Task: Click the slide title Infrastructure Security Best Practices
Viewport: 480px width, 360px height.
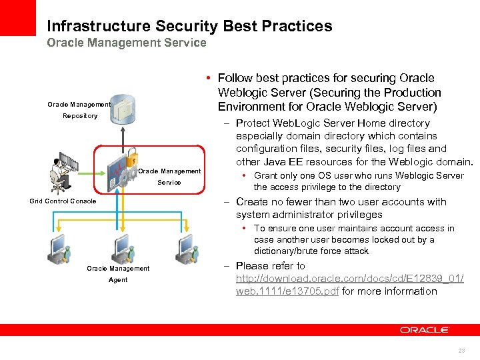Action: point(189,27)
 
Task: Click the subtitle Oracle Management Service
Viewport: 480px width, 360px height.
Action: point(127,43)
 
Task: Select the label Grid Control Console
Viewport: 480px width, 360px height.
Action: point(63,201)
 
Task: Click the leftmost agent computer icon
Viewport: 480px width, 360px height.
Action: point(57,250)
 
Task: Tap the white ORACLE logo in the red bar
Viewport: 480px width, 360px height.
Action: point(425,330)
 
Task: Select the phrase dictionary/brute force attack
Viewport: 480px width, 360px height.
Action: point(311,251)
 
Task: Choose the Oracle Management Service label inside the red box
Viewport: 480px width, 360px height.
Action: point(169,177)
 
